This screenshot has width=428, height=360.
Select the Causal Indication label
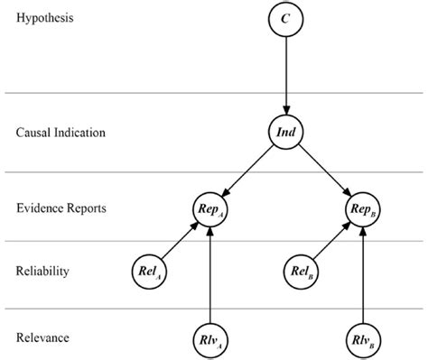pos(60,133)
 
